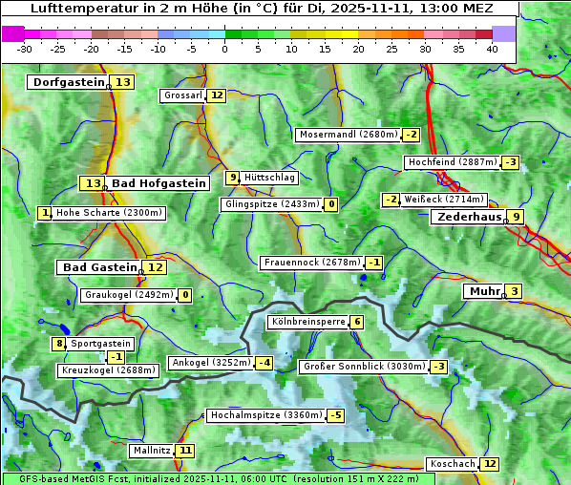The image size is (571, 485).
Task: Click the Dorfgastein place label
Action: pyautogui.click(x=68, y=82)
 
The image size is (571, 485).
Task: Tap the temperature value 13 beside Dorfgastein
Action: pyautogui.click(x=123, y=82)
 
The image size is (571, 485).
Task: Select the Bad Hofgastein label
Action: pyautogui.click(x=158, y=183)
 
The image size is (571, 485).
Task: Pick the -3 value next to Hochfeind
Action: pyautogui.click(x=511, y=162)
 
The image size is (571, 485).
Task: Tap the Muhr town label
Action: pyautogui.click(x=482, y=291)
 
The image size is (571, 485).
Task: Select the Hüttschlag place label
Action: pyautogui.click(x=270, y=178)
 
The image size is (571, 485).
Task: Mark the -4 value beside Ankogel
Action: pyautogui.click(x=264, y=363)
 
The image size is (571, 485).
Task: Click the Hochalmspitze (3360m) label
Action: pyautogui.click(x=265, y=416)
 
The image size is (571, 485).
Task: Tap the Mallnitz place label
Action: pyautogui.click(x=152, y=451)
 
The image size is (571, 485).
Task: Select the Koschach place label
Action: pyautogui.click(x=453, y=464)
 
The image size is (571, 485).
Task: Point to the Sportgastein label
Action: pyautogui.click(x=101, y=344)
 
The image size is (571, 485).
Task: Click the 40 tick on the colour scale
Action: pyautogui.click(x=492, y=49)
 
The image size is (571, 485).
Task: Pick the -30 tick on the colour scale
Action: pyautogui.click(x=25, y=49)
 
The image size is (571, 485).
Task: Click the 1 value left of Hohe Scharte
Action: pyautogui.click(x=45, y=213)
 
